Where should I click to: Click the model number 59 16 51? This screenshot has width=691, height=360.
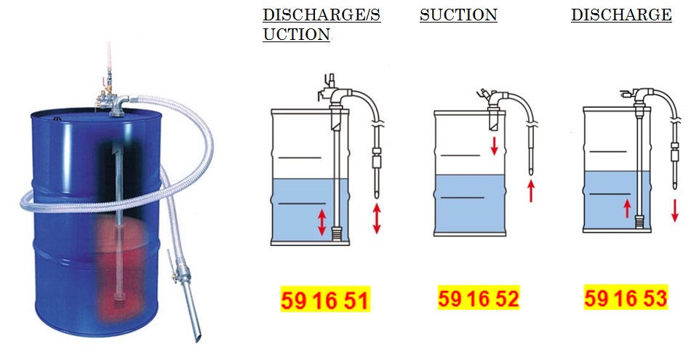click(x=325, y=300)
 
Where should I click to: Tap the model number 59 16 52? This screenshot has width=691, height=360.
click(x=479, y=298)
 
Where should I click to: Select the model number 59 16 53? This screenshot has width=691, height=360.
click(x=626, y=297)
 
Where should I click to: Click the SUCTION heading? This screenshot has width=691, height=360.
click(x=458, y=15)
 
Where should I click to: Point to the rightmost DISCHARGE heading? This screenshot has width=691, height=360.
click(x=621, y=15)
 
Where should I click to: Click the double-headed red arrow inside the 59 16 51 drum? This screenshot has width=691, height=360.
click(x=322, y=222)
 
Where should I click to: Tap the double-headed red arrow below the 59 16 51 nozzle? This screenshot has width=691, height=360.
click(x=376, y=219)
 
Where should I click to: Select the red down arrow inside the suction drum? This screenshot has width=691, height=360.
click(x=494, y=146)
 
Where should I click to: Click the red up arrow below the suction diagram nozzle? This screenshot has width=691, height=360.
click(x=531, y=192)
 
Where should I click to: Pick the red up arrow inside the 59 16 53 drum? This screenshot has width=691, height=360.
click(x=627, y=209)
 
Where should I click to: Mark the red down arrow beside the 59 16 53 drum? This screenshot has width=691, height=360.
click(x=675, y=210)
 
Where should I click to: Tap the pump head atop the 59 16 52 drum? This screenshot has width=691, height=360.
click(x=492, y=99)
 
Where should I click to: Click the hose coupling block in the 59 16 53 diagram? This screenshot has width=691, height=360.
click(x=674, y=156)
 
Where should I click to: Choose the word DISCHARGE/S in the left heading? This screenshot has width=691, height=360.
click(x=321, y=15)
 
